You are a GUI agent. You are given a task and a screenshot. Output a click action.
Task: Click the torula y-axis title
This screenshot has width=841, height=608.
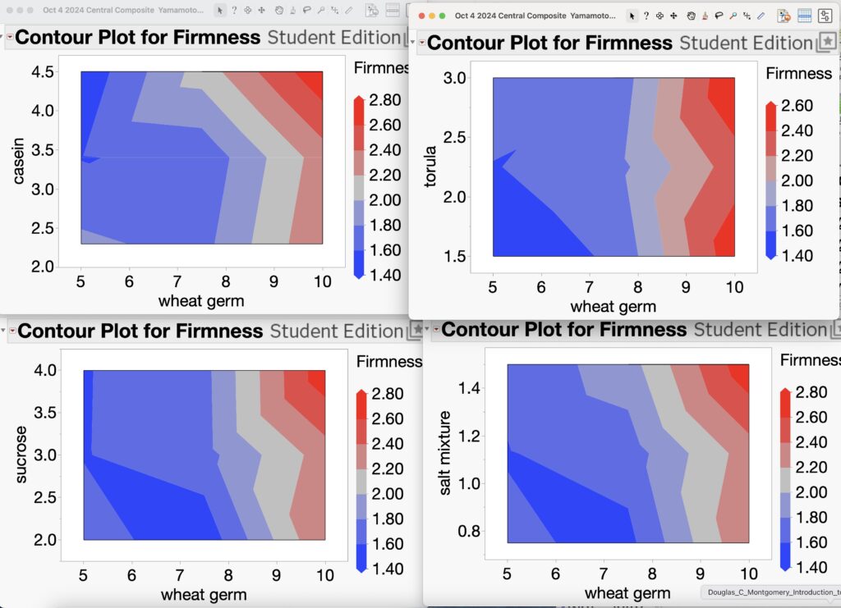[x=430, y=167]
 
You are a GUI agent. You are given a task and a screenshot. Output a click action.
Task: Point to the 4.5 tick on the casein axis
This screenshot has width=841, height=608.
[x=44, y=72]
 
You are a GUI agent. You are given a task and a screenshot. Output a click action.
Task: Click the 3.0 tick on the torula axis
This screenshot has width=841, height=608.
[x=456, y=78]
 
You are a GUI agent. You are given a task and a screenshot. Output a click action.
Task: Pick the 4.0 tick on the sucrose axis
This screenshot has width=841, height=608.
[x=46, y=370]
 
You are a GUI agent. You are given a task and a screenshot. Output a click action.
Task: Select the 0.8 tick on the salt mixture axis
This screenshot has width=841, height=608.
[x=471, y=531]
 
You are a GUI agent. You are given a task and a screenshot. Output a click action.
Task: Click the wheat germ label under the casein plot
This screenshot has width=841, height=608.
[x=201, y=301]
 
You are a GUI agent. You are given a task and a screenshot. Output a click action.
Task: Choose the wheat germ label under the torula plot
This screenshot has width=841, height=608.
[x=614, y=307]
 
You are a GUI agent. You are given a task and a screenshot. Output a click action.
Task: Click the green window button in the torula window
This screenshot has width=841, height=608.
[x=443, y=16]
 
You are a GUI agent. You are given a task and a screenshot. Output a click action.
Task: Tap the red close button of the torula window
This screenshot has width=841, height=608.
[x=421, y=16]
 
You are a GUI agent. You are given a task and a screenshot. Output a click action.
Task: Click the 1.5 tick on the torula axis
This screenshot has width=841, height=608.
[x=456, y=256]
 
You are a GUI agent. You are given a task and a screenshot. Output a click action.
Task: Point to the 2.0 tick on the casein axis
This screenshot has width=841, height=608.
[x=44, y=266]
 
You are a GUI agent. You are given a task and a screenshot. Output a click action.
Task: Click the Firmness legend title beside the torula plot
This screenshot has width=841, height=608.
[x=798, y=74]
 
